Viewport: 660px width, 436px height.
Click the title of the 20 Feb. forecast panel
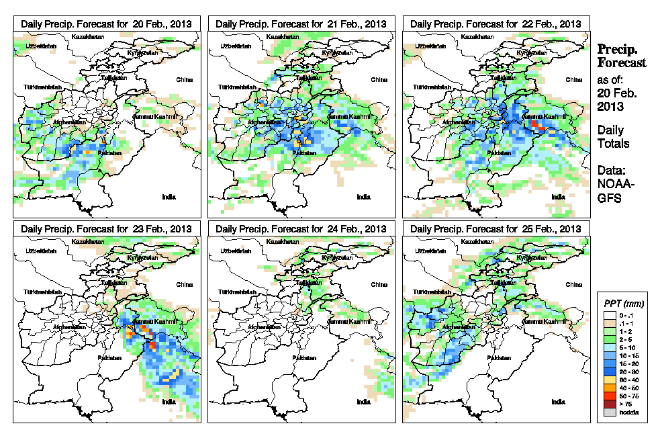click(107, 24)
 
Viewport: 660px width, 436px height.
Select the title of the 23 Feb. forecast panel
click(107, 229)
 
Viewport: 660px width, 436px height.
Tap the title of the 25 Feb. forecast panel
click(496, 229)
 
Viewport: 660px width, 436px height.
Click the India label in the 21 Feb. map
click(363, 197)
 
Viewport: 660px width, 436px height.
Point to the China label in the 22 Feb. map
click(573, 79)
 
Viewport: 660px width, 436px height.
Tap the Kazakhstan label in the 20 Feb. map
click(89, 36)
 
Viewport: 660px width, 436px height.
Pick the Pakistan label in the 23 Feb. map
click(109, 358)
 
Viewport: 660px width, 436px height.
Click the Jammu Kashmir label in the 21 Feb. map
click(348, 118)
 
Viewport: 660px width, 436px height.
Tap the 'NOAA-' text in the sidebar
click(612, 186)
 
